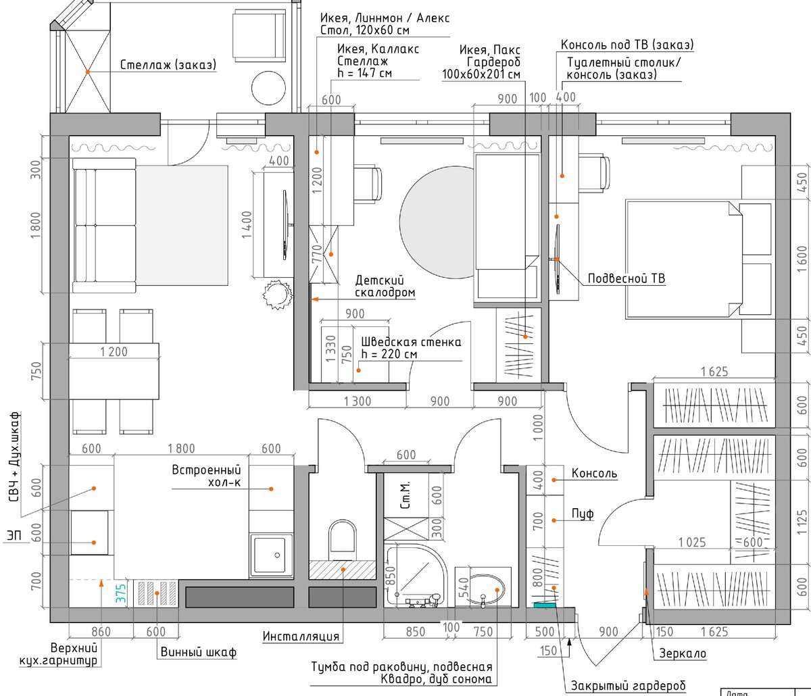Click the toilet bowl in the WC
[342, 539]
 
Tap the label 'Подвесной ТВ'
[626, 278]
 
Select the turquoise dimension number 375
[121, 593]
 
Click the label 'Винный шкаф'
[199, 653]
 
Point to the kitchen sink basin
[271, 555]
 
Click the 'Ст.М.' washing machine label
[405, 495]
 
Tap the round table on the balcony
[268, 87]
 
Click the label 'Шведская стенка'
[411, 342]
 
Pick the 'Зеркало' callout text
[683, 653]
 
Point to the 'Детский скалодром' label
[385, 287]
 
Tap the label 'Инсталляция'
[301, 637]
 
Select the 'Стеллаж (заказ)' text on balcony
[168, 65]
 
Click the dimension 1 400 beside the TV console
[247, 225]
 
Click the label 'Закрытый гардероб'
[628, 686]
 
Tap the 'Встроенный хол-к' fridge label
[206, 476]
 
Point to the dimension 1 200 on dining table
[114, 352]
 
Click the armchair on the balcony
[259, 36]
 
